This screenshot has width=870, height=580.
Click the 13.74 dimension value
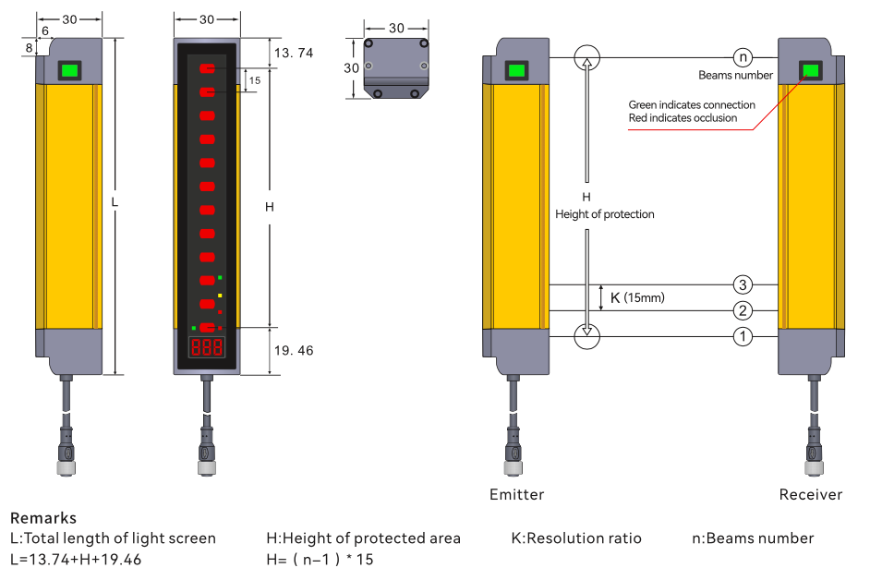[294, 54]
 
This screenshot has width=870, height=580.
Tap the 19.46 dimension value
[294, 351]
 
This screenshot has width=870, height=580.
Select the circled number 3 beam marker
[743, 284]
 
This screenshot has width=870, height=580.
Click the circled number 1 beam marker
[743, 337]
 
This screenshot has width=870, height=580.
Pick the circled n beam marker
[743, 57]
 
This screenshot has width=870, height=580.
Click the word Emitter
[516, 494]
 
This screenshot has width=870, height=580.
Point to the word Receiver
[810, 494]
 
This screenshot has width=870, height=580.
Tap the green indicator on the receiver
[811, 71]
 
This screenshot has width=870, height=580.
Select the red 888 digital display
[206, 348]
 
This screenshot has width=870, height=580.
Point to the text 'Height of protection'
[604, 214]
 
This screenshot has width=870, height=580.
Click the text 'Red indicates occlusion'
[683, 118]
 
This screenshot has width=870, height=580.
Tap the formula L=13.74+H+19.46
[76, 560]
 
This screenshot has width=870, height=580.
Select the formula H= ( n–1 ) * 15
[320, 560]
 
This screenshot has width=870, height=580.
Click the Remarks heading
[43, 518]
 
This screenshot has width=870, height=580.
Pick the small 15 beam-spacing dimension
[255, 80]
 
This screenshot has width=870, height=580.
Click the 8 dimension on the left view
[30, 47]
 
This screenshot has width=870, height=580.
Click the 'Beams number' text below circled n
[735, 76]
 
